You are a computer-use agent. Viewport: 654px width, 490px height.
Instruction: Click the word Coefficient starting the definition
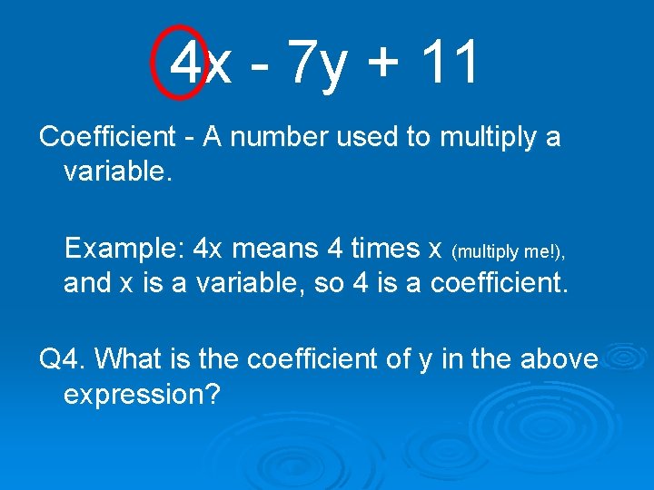coord(107,137)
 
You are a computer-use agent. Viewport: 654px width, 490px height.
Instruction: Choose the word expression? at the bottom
coord(142,396)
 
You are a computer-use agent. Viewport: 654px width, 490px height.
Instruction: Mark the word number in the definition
coord(285,138)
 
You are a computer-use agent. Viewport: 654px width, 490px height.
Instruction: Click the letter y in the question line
coord(425,361)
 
